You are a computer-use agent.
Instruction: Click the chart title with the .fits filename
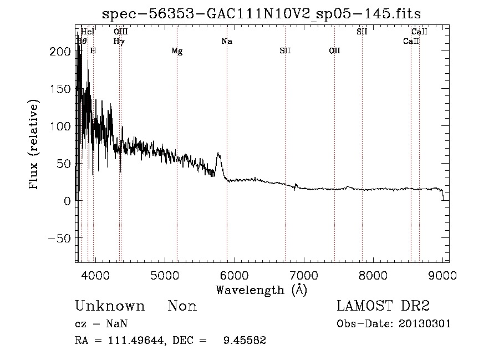click(262, 14)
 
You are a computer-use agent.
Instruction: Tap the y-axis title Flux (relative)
click(35, 145)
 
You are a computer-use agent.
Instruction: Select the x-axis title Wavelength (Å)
click(261, 290)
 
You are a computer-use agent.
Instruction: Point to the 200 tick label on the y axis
click(60, 52)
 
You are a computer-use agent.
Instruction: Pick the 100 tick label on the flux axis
click(60, 126)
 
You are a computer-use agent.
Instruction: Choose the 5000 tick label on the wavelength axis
click(164, 275)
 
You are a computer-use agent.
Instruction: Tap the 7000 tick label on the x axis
click(304, 275)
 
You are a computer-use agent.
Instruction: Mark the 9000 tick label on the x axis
click(443, 275)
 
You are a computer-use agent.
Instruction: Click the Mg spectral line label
click(177, 52)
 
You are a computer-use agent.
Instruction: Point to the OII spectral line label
click(334, 52)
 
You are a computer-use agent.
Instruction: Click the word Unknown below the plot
click(110, 306)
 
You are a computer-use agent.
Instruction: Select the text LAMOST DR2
click(383, 306)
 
